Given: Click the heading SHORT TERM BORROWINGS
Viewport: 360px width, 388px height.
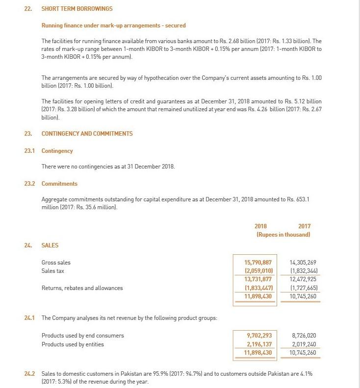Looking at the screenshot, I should (x=77, y=9).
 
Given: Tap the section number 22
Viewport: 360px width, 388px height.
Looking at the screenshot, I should (x=28, y=9).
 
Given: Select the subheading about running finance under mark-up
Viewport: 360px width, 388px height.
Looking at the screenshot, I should (x=113, y=25).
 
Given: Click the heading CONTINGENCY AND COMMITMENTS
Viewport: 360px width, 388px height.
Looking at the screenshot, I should (x=87, y=133).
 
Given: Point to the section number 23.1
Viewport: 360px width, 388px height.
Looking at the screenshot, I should (x=29, y=151).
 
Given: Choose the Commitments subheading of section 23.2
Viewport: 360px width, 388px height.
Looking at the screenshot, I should (x=59, y=184).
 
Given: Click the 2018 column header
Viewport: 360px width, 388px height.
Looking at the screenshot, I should (x=261, y=226).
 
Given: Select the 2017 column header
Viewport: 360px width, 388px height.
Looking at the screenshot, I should (x=304, y=226).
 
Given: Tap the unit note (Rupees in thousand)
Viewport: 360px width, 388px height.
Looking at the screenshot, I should (x=283, y=235).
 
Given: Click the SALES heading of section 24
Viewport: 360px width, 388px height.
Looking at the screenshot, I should (x=50, y=245).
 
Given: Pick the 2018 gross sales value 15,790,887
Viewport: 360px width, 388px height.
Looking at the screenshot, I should (x=258, y=263).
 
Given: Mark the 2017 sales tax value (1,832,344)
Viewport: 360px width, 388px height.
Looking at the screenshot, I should (x=303, y=271).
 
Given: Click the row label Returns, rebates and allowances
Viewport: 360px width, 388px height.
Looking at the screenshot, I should (x=82, y=288).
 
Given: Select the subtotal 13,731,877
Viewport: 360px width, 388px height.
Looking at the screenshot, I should (x=258, y=279).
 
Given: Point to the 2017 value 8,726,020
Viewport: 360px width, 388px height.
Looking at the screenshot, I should (x=304, y=336).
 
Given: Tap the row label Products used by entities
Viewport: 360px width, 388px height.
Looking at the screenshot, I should (x=73, y=344).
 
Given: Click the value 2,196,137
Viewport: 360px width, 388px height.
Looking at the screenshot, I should (x=259, y=344).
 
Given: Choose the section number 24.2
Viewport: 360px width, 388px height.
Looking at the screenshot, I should (x=29, y=374).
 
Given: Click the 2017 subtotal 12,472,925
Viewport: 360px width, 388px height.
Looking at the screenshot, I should (x=303, y=279).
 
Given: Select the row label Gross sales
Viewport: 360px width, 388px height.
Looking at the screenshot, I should (x=56, y=263).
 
